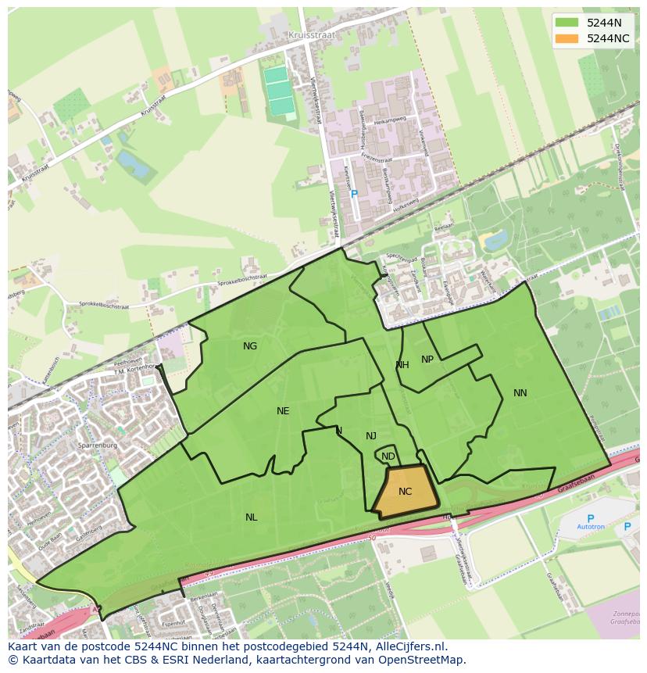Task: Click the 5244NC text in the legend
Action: click(x=608, y=38)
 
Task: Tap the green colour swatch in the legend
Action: click(x=567, y=23)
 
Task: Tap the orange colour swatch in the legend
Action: click(x=567, y=38)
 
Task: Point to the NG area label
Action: click(x=250, y=346)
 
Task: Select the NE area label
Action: click(x=283, y=411)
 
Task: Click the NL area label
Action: click(x=251, y=517)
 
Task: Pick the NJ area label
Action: click(x=371, y=436)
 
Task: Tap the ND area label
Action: click(x=388, y=456)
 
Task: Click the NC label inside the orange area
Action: click(x=405, y=492)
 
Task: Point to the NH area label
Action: click(x=402, y=365)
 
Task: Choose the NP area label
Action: click(x=427, y=360)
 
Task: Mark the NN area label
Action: click(x=520, y=393)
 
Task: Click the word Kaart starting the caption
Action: click(x=24, y=646)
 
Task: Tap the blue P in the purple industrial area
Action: click(x=354, y=194)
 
